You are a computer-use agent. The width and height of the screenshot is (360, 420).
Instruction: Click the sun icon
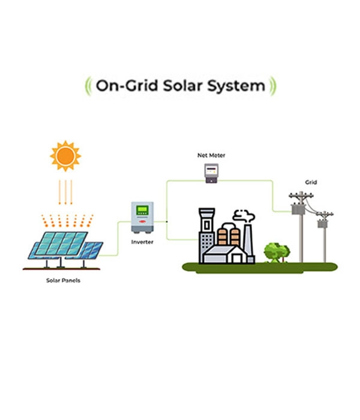coord(65,156)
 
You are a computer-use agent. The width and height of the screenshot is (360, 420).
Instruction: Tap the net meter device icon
coord(211,173)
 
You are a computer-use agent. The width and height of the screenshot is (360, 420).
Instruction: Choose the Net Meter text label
coord(211,155)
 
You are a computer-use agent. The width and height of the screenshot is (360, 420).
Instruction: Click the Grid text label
coord(311,182)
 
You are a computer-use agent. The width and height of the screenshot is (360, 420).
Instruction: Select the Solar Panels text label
coord(63,280)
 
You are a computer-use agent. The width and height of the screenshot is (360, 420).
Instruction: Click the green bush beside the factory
coord(277,252)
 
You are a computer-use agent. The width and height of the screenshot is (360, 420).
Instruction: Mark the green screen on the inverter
coord(142,211)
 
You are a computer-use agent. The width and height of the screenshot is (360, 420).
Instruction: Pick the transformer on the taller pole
coord(298,208)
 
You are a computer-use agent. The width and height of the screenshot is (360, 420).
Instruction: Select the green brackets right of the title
coord(272,86)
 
